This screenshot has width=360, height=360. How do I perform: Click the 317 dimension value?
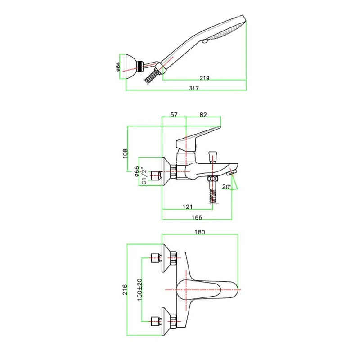194,88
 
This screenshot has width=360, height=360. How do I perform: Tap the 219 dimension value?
204,78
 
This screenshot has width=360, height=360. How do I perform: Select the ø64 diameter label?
118,66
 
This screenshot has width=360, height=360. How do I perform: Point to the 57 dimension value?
174,115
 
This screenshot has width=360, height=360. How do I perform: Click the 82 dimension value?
203,115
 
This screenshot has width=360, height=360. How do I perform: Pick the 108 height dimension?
125,153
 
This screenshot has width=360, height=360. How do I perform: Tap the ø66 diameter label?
137,171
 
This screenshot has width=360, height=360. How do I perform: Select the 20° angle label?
226,187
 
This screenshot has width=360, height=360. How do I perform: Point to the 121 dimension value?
188,207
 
